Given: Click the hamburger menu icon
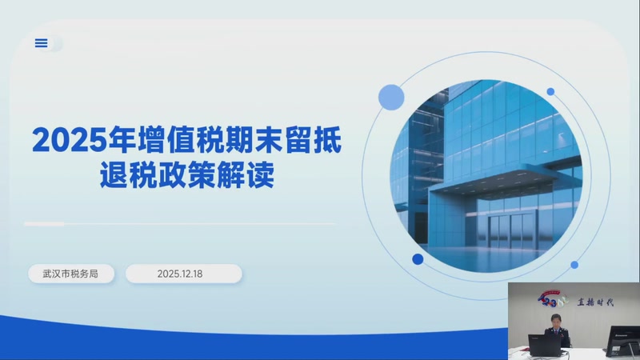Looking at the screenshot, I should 42,43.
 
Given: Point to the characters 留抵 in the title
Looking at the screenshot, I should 310,141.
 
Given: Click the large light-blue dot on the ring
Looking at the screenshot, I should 391,97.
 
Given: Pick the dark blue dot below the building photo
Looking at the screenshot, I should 418,259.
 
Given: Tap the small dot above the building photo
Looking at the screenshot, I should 550,91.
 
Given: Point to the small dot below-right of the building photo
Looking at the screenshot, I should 574,265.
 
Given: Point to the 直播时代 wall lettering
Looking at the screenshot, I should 594,302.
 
